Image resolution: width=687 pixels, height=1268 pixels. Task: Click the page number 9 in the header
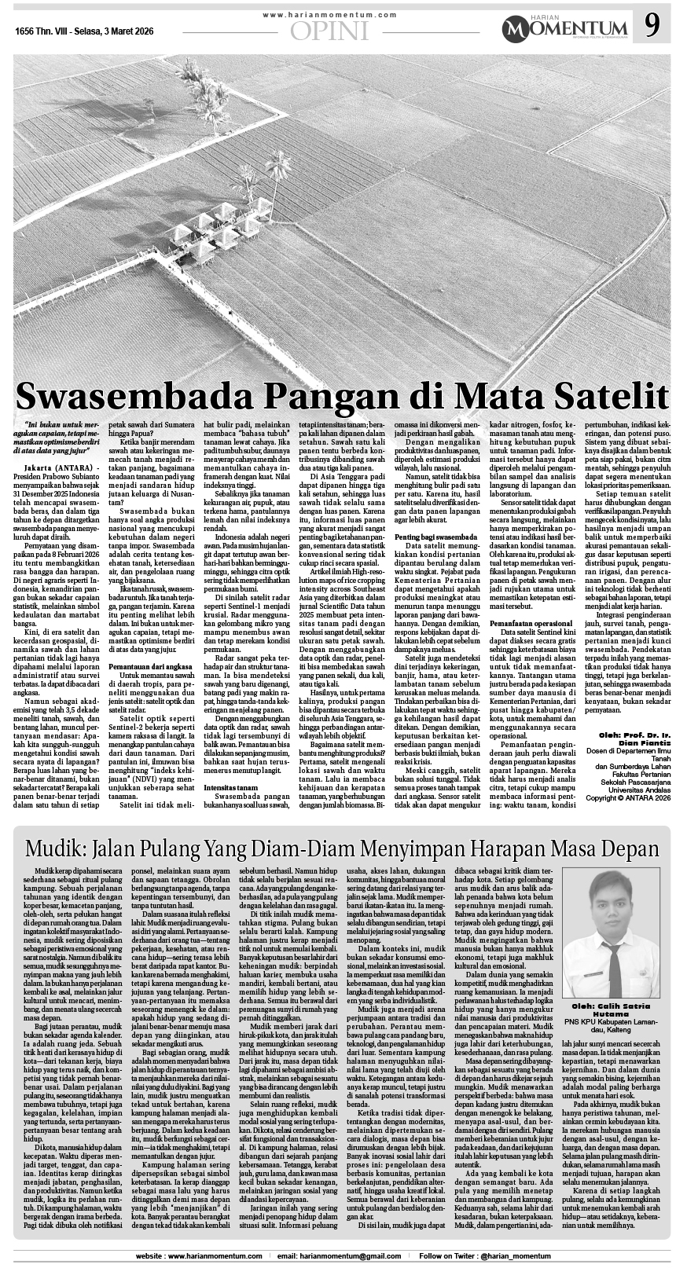(652, 27)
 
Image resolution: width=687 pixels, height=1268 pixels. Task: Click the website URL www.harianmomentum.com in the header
(329, 16)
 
